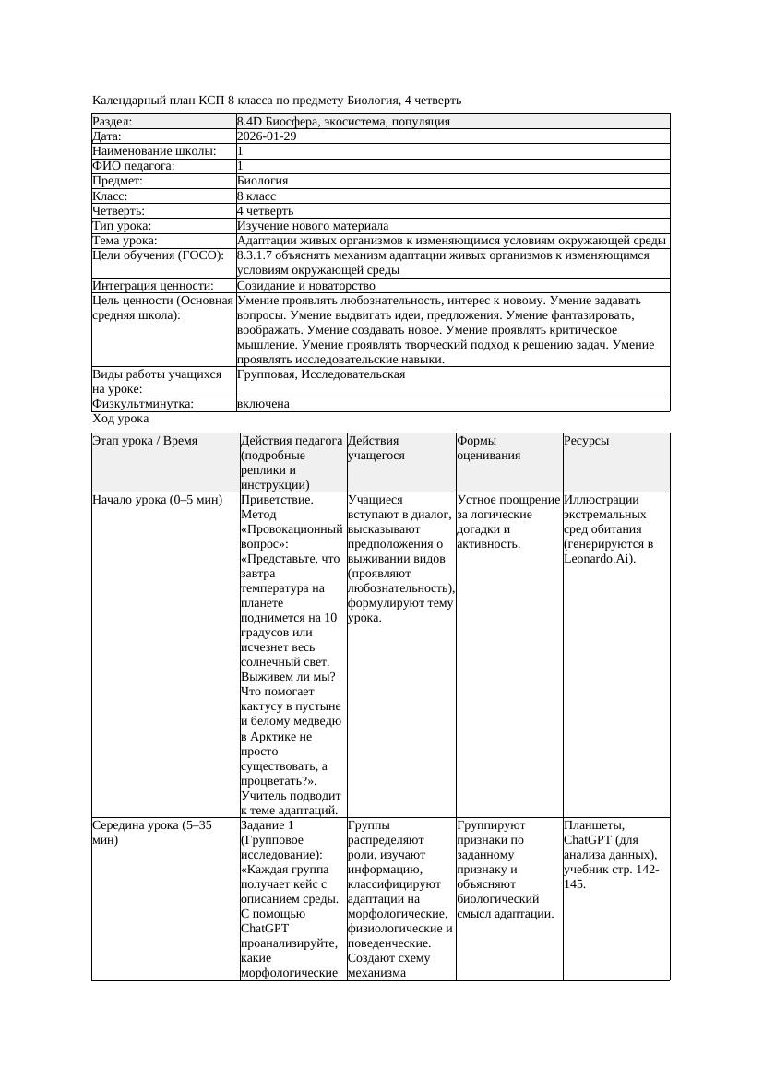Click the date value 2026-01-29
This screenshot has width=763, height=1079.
(x=267, y=136)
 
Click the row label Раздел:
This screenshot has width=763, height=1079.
(x=113, y=122)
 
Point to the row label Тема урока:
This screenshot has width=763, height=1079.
(x=125, y=241)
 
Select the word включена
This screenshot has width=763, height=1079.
(x=263, y=404)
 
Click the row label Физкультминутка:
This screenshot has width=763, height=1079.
(x=142, y=404)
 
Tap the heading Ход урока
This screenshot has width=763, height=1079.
(x=120, y=419)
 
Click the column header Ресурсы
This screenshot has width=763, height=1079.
(x=587, y=441)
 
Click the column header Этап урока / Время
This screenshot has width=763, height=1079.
(x=145, y=441)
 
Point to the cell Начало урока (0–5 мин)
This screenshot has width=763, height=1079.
(x=157, y=500)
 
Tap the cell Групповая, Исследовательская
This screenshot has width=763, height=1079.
(x=320, y=374)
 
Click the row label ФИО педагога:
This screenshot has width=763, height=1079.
(x=134, y=166)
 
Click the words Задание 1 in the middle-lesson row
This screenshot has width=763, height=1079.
(x=268, y=825)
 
